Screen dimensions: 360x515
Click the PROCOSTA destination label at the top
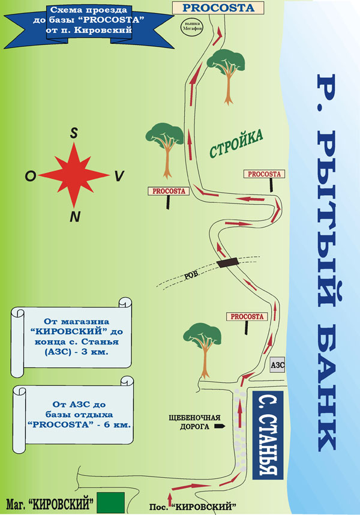pyautogui.click(x=218, y=8)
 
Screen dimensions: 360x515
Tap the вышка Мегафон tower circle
pyautogui.click(x=193, y=26)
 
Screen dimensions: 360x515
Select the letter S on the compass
pyautogui.click(x=74, y=133)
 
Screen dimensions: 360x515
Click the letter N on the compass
pyautogui.click(x=75, y=217)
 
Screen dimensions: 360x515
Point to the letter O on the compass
pyautogui.click(x=31, y=176)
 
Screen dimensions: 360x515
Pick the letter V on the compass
pyautogui.click(x=119, y=176)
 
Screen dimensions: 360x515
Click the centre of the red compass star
pyautogui.click(x=74, y=175)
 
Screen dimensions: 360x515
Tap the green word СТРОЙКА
pyautogui.click(x=236, y=144)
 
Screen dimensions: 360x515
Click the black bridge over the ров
pyautogui.click(x=227, y=262)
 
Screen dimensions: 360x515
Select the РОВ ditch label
pyautogui.click(x=191, y=275)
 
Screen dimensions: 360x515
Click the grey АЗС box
pyautogui.click(x=277, y=365)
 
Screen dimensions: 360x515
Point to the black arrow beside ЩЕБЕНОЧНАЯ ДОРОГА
pyautogui.click(x=220, y=427)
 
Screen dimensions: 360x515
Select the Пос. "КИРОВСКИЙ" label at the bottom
pyautogui.click(x=193, y=506)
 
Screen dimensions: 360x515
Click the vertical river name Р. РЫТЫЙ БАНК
pyautogui.click(x=326, y=262)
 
